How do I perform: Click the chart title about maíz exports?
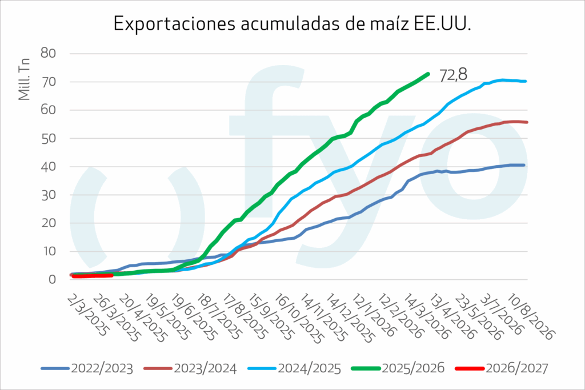(292, 23)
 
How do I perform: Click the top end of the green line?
(428, 74)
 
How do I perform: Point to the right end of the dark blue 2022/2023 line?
(524, 165)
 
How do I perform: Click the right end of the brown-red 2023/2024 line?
(526, 122)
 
